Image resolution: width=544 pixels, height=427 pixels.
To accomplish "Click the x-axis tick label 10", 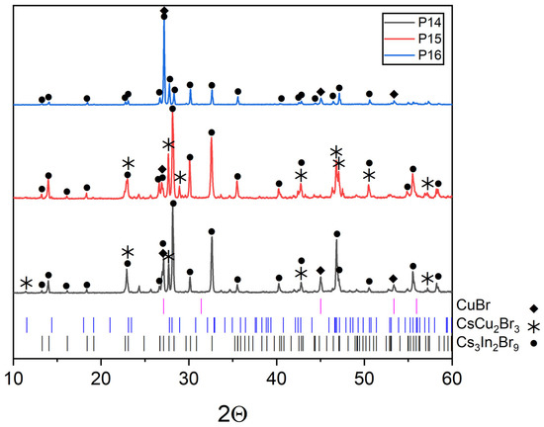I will pyautogui.click(x=13, y=377).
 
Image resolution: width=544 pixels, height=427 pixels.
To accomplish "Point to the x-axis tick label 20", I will pyautogui.click(x=101, y=377).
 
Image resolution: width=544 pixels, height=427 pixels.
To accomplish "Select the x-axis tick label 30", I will pyautogui.click(x=189, y=377).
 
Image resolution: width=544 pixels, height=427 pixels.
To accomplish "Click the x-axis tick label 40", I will pyautogui.click(x=277, y=377).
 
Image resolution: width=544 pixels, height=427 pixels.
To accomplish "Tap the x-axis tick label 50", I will pyautogui.click(x=364, y=377).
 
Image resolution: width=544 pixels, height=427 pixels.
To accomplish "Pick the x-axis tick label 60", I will pyautogui.click(x=452, y=377).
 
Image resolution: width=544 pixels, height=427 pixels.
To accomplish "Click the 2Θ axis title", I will pyautogui.click(x=232, y=409).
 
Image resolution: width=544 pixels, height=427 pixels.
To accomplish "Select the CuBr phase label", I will pyautogui.click(x=477, y=307).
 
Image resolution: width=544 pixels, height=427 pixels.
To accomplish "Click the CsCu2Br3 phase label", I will pyautogui.click(x=489, y=325).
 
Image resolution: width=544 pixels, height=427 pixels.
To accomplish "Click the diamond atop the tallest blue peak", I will pyautogui.click(x=164, y=11).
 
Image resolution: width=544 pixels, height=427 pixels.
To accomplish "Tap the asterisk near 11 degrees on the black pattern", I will pyautogui.click(x=25, y=284).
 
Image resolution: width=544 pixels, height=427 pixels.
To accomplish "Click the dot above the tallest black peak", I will pyautogui.click(x=174, y=204).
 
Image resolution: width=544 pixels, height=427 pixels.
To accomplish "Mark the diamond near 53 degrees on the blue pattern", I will pyautogui.click(x=394, y=94).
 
